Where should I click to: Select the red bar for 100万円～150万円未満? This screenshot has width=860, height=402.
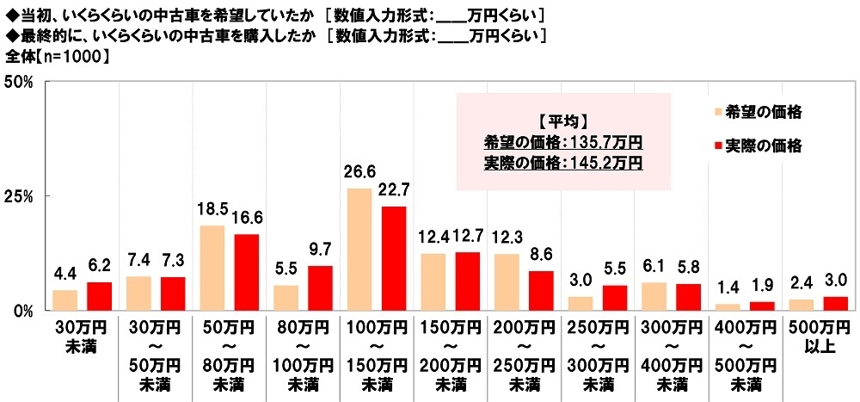(393, 258)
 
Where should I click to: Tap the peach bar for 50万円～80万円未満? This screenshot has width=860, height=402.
(212, 268)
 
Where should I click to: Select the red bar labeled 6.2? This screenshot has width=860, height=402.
(99, 295)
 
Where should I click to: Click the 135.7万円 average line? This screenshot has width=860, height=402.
(561, 141)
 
